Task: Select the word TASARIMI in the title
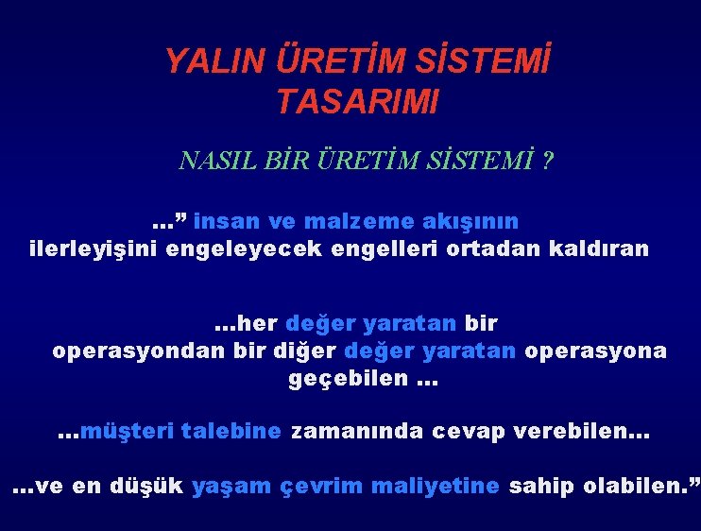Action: click(357, 101)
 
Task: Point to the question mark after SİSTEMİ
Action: click(548, 161)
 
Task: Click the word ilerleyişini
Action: click(94, 249)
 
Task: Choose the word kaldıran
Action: click(600, 249)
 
